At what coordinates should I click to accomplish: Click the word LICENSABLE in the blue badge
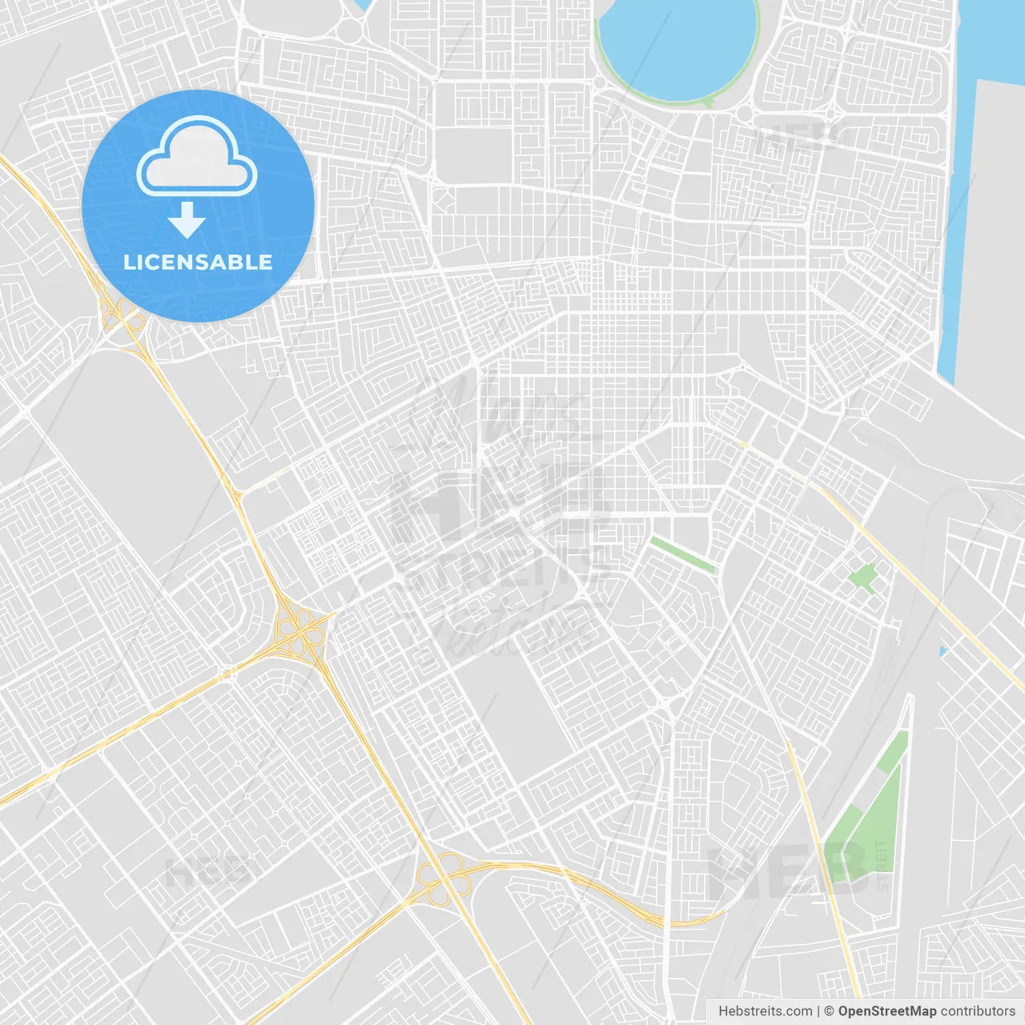click(x=198, y=262)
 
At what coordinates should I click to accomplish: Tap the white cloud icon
click(x=197, y=159)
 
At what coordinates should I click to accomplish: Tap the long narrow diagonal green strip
click(x=682, y=555)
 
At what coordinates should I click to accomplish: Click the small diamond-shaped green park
click(x=862, y=577)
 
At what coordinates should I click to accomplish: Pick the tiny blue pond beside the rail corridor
click(x=943, y=651)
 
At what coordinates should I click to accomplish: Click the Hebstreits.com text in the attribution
click(x=765, y=1011)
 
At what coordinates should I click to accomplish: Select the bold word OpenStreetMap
click(x=886, y=1011)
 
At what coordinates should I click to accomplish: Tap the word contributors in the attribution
click(x=978, y=1011)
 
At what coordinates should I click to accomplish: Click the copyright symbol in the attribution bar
click(x=829, y=1011)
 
